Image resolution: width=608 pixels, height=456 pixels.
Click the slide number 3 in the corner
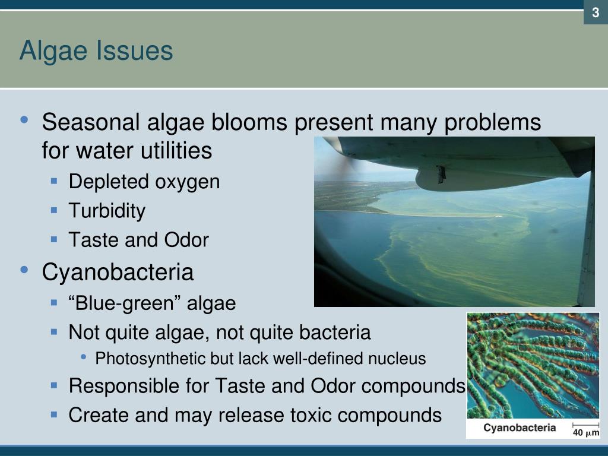pyautogui.click(x=595, y=12)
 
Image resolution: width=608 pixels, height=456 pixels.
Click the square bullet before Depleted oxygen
pyautogui.click(x=54, y=181)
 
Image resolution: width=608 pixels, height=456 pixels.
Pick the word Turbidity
pyautogui.click(x=107, y=211)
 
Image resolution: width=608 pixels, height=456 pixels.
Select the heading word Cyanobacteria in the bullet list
pyautogui.click(x=118, y=273)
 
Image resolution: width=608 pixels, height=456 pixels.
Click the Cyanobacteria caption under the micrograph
pyautogui.click(x=519, y=427)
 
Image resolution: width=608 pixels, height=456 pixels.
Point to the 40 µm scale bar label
pyautogui.click(x=585, y=432)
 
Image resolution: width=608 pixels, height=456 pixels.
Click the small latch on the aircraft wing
pyautogui.click(x=441, y=173)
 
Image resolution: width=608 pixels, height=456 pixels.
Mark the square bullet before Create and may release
pyautogui.click(x=54, y=414)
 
